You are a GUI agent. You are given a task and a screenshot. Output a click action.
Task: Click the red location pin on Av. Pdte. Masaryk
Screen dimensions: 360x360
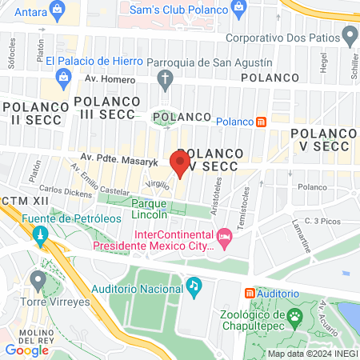pos(180,164)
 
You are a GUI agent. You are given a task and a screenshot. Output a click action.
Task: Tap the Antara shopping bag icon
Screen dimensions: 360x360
pos(57,10)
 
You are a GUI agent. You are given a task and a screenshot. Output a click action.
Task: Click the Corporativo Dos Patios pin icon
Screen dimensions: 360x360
pos(349,36)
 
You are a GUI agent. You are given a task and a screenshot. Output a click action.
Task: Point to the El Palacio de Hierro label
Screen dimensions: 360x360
pos(94,61)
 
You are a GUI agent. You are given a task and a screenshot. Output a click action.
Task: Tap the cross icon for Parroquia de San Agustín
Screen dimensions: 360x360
pos(165,78)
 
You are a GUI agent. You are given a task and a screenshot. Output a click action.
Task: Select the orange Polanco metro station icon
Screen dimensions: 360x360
pos(260,122)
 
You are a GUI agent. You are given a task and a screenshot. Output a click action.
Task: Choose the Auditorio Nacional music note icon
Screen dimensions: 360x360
pos(194,285)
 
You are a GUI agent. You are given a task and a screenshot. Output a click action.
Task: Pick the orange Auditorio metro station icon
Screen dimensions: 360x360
pos(250,293)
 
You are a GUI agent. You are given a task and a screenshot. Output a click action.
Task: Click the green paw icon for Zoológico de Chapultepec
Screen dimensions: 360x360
pos(294,317)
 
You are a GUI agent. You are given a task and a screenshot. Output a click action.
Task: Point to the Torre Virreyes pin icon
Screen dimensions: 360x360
pos(37,279)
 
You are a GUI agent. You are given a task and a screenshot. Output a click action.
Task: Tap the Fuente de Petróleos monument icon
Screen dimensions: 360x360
pos(39,235)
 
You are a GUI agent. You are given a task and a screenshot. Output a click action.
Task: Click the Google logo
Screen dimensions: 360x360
pos(27,350)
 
